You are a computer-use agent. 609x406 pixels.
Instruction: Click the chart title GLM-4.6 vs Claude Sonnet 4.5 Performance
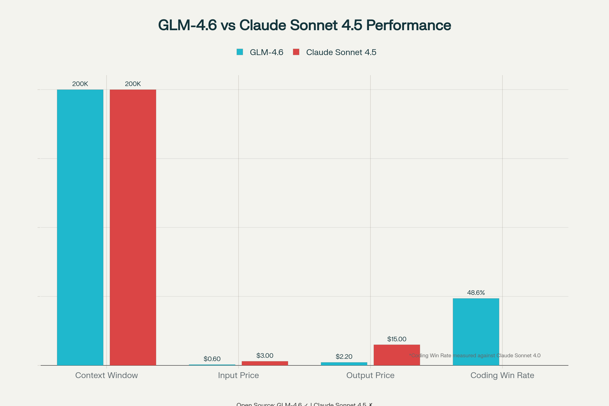pyautogui.click(x=304, y=25)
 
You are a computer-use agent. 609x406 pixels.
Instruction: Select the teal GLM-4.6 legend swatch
pyautogui.click(x=240, y=52)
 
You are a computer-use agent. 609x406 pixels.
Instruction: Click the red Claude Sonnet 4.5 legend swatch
pyautogui.click(x=296, y=52)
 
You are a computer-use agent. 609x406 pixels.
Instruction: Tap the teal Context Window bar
pyautogui.click(x=80, y=227)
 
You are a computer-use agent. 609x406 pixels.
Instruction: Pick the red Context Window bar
pyautogui.click(x=133, y=227)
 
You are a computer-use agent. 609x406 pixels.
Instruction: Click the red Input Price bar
pyautogui.click(x=265, y=363)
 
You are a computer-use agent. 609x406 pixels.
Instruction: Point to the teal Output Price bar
pyautogui.click(x=344, y=364)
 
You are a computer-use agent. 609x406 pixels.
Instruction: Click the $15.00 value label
pyautogui.click(x=397, y=339)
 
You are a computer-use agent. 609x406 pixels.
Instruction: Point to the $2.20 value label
pyautogui.click(x=344, y=357)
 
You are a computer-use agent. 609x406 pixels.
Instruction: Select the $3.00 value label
pyautogui.click(x=265, y=356)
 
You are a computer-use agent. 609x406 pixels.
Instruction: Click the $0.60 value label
pyautogui.click(x=212, y=359)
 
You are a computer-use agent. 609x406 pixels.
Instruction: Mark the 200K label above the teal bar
pyautogui.click(x=80, y=84)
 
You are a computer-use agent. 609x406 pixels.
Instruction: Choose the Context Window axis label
pyautogui.click(x=106, y=375)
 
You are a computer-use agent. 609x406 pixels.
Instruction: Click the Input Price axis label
pyautogui.click(x=238, y=375)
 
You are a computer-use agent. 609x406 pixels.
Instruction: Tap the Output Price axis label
pyautogui.click(x=370, y=375)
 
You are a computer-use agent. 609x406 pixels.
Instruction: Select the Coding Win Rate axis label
pyautogui.click(x=502, y=375)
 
